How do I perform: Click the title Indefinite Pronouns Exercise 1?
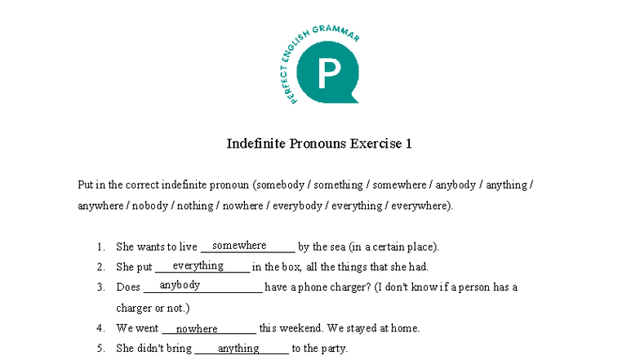click(319, 144)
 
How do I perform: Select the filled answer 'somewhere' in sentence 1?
click(239, 245)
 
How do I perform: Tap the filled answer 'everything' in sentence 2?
click(198, 265)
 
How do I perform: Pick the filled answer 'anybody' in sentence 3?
click(180, 285)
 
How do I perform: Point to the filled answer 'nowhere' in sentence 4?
click(197, 329)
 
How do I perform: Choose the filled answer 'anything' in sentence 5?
click(238, 349)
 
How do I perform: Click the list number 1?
click(100, 247)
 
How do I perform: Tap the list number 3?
click(100, 287)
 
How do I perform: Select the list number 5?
click(100, 349)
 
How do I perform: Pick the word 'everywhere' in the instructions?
click(420, 206)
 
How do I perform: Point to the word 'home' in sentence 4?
click(405, 329)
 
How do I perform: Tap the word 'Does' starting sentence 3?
click(129, 287)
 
